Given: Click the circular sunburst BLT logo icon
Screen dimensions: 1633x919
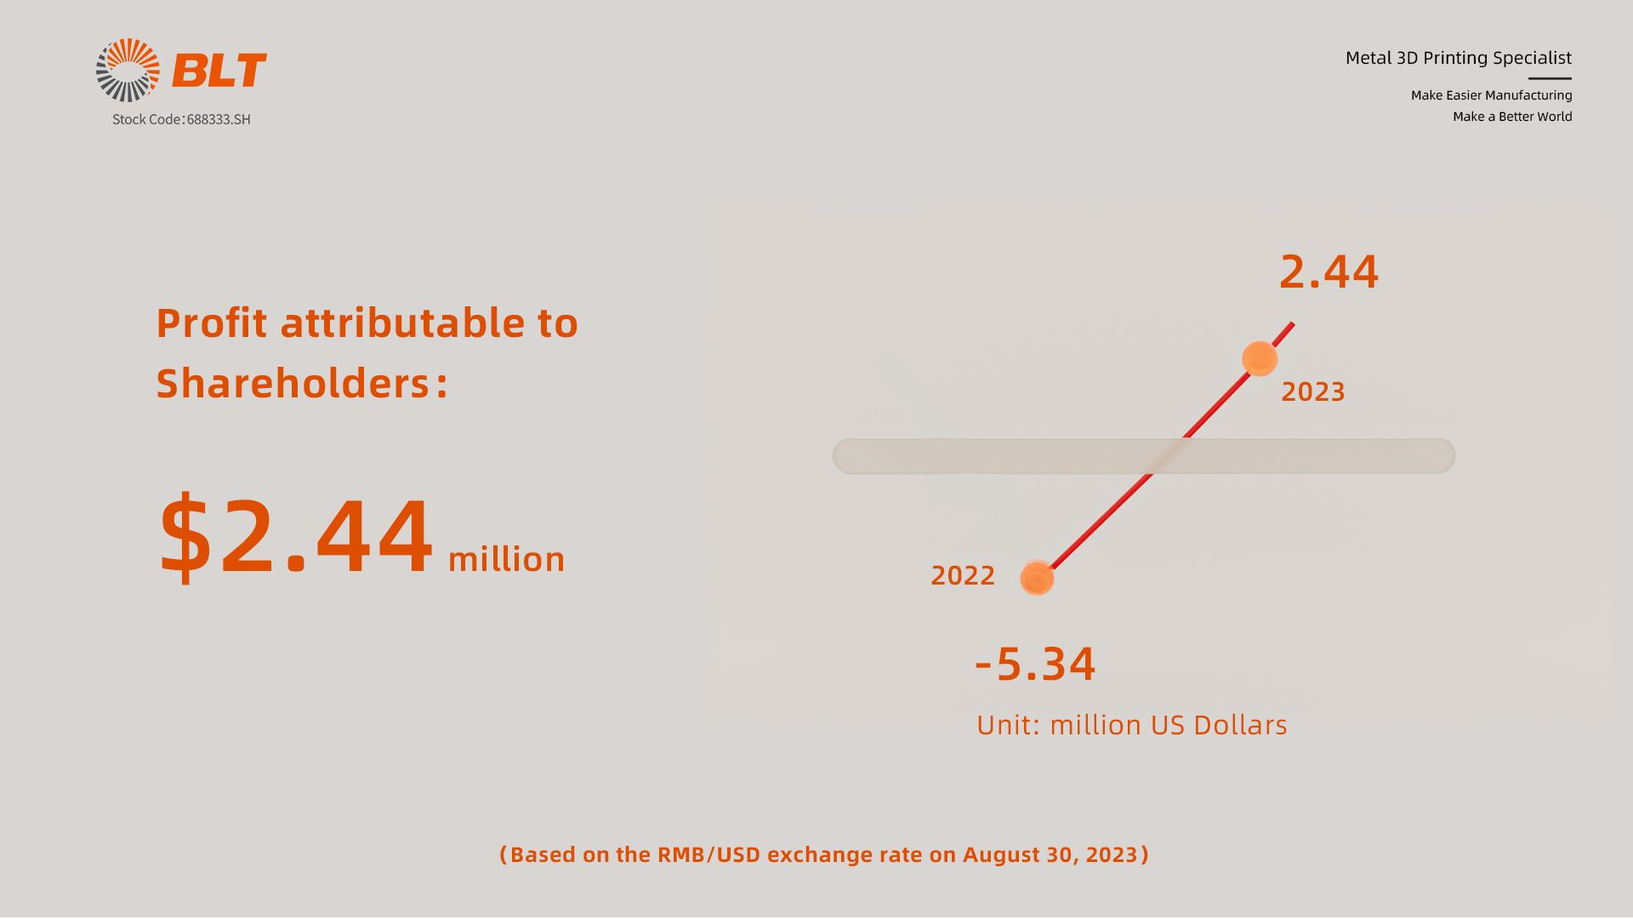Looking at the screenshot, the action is click(128, 70).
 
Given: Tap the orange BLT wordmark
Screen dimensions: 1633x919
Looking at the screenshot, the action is click(219, 71).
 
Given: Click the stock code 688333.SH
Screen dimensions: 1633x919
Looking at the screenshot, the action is click(219, 119).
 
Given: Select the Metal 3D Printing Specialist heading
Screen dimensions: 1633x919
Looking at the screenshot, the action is click(1458, 58).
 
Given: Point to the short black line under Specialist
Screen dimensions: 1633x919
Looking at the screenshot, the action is click(1550, 78).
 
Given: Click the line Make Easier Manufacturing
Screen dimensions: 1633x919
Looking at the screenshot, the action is click(1491, 95).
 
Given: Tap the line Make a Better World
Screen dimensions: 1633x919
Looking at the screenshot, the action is click(1512, 117).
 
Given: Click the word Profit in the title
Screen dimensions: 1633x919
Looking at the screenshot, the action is click(212, 323).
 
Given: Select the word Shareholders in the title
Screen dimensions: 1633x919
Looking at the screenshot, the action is click(293, 383).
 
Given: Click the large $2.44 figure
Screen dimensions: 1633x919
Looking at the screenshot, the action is click(296, 537).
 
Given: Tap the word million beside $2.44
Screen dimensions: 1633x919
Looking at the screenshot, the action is click(506, 559).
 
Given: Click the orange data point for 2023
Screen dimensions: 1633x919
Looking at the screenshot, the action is click(1260, 358).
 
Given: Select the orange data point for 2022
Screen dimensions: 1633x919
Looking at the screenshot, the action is click(1037, 579).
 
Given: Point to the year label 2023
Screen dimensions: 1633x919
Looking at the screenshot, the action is click(1313, 391).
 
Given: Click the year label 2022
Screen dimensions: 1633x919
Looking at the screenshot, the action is click(963, 575).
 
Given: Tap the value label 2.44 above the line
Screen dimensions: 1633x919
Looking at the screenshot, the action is click(1329, 272).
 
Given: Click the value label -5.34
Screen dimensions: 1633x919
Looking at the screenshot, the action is click(1035, 665).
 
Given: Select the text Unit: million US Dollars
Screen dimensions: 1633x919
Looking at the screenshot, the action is click(1132, 725).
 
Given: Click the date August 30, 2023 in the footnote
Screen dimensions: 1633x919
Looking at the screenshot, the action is click(1050, 854).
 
